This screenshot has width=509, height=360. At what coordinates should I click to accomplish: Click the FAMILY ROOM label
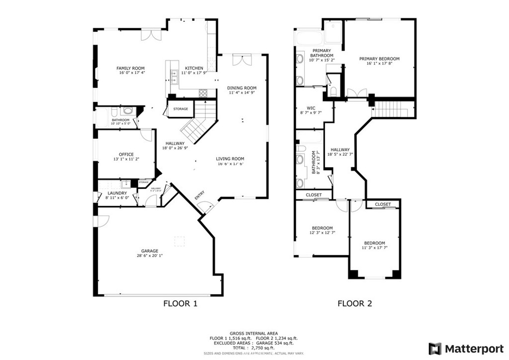pyautogui.click(x=130, y=68)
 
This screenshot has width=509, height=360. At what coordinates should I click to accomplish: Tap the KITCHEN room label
pyautogui.click(x=194, y=68)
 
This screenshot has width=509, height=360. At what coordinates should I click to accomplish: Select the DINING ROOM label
pyautogui.click(x=242, y=88)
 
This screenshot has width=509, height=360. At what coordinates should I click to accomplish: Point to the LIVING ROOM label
pyautogui.click(x=230, y=159)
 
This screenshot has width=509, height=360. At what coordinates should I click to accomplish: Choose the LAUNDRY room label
pyautogui.click(x=117, y=193)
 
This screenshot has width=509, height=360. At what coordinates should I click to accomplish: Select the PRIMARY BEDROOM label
pyautogui.click(x=379, y=59)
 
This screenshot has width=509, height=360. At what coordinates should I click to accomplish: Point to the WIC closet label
pyautogui.click(x=311, y=108)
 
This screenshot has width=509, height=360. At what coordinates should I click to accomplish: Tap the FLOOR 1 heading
pyautogui.click(x=180, y=303)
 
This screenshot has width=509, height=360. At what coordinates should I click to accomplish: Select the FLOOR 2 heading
pyautogui.click(x=354, y=303)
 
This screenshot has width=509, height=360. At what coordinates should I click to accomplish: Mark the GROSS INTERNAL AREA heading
pyautogui.click(x=254, y=333)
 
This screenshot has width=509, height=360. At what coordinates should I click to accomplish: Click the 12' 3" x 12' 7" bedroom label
pyautogui.click(x=322, y=228)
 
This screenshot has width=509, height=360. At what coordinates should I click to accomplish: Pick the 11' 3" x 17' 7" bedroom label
pyautogui.click(x=374, y=243)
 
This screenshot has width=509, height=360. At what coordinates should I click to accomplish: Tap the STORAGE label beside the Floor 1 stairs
pyautogui.click(x=180, y=109)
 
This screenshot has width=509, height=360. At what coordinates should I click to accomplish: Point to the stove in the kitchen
pyautogui.click(x=203, y=92)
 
